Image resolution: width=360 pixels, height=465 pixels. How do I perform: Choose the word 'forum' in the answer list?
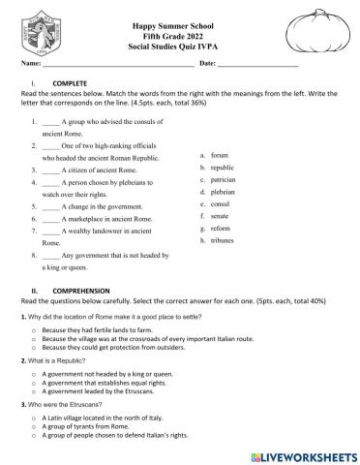point(220,154)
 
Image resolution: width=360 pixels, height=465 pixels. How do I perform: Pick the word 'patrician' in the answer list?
point(225,179)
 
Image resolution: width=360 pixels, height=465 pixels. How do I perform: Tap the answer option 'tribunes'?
point(224,239)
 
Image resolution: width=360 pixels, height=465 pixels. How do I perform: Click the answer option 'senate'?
point(221,215)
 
